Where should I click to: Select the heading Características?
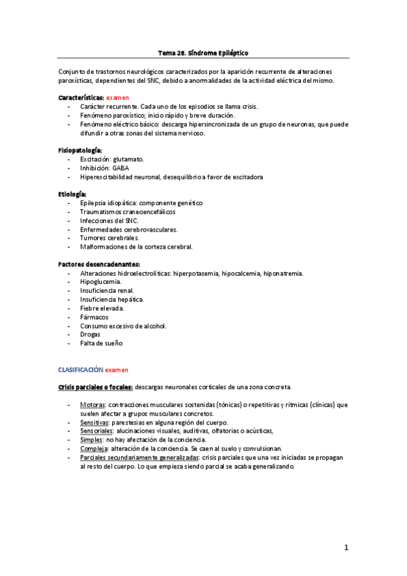[81, 98]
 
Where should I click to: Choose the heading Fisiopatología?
[79, 149]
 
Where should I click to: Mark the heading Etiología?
[72, 194]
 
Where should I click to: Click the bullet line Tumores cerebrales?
[109, 238]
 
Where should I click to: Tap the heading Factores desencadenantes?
[99, 264]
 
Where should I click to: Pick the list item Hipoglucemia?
[101, 281]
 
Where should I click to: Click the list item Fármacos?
[94, 317]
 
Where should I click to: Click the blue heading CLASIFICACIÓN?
[80, 370]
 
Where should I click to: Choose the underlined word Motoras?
[92, 405]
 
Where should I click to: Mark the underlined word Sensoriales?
[96, 431]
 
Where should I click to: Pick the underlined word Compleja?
[94, 448]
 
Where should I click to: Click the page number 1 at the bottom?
[347, 547]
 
